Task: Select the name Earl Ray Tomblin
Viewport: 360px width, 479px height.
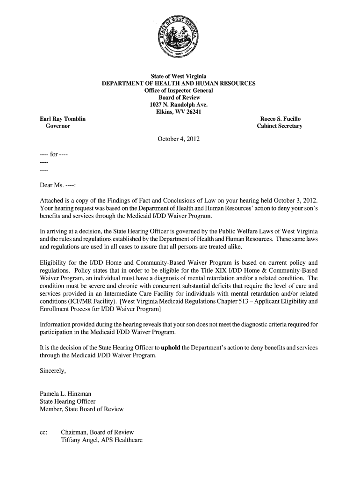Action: point(63,119)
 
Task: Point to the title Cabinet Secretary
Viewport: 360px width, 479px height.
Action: point(280,126)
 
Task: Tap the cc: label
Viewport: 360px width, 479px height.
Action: point(44,432)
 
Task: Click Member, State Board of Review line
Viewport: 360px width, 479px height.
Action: point(82,409)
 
